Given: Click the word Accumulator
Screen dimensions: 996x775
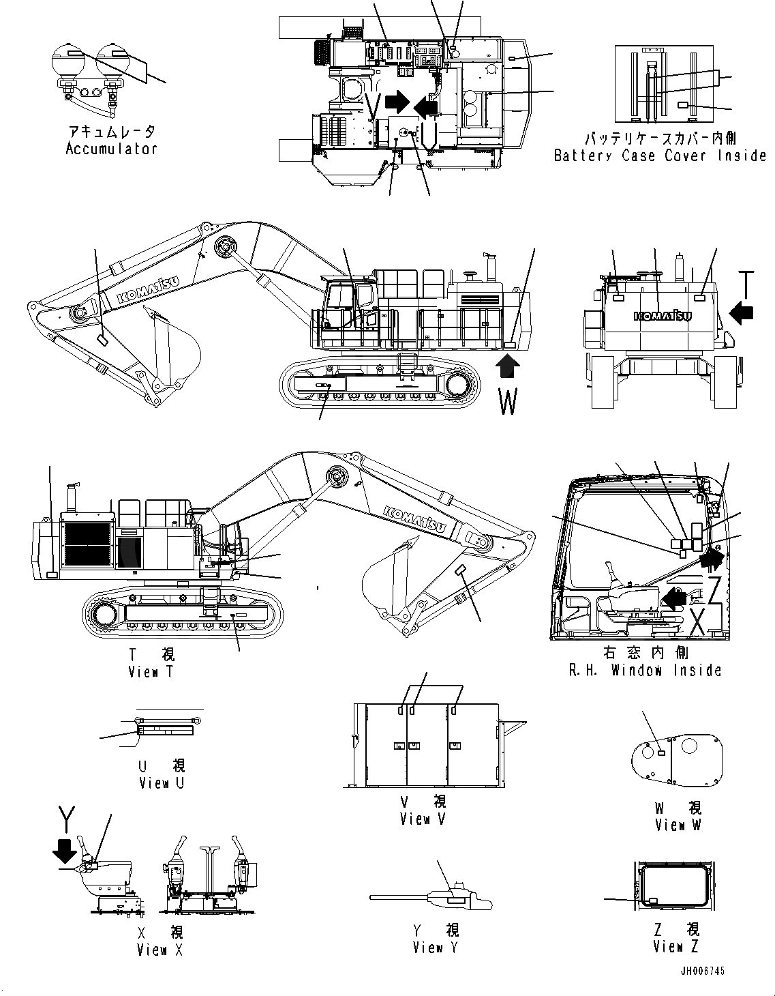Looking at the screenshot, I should coord(111,149).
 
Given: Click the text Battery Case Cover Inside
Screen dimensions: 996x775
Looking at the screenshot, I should coord(660,156).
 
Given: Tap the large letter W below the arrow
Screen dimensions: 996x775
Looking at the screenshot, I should coord(508,401).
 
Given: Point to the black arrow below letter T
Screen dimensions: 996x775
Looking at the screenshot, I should coord(742,313).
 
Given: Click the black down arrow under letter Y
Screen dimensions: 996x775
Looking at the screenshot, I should coord(65,851).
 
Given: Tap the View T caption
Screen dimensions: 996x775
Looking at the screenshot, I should coord(151,672).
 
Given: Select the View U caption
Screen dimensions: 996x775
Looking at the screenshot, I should coord(161,783).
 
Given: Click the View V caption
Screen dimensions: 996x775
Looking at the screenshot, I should coord(423,819).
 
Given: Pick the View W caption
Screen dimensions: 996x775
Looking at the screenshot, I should coord(678,825).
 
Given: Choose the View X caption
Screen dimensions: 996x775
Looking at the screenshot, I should coord(159,950).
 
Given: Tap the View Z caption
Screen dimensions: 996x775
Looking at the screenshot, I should coord(675,946).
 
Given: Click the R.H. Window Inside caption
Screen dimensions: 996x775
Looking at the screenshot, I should coord(645,670).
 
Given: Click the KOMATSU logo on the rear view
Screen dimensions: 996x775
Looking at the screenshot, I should coord(663,315).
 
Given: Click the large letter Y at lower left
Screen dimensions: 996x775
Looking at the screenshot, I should coord(66,816).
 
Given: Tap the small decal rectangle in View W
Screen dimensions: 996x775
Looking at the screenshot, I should coord(661,752).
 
